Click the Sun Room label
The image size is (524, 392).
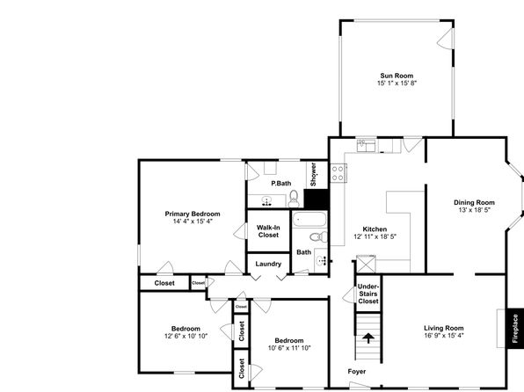(x=397, y=76)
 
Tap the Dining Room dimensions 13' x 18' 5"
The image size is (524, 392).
(x=474, y=210)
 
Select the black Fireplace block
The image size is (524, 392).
(x=515, y=329)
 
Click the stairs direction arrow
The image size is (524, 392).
(x=368, y=338)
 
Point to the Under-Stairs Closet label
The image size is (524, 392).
(x=368, y=294)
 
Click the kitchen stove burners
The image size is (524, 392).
(x=338, y=173)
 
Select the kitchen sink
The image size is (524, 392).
(x=367, y=146)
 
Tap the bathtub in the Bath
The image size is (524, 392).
(x=309, y=220)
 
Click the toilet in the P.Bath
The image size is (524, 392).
(x=294, y=199)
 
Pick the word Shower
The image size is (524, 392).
(x=313, y=174)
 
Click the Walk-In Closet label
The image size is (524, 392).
(x=268, y=231)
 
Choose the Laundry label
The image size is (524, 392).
(x=268, y=264)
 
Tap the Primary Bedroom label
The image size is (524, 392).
(x=193, y=214)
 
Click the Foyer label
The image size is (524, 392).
(x=357, y=371)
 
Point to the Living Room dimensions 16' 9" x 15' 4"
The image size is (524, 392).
(x=444, y=336)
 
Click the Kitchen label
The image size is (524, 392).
(x=375, y=229)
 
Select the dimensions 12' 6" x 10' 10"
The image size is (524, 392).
(x=186, y=336)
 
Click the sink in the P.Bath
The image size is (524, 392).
(x=266, y=201)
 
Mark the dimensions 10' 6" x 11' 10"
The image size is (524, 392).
(x=289, y=348)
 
